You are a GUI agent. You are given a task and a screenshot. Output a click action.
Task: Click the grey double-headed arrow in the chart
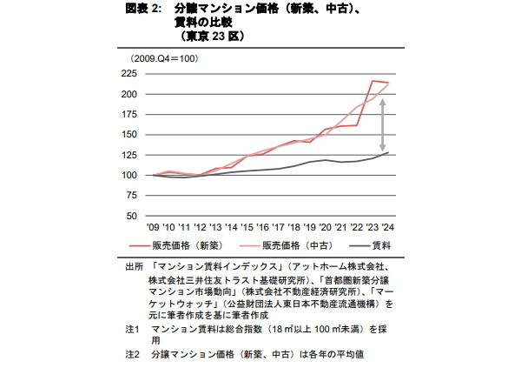point(382,125)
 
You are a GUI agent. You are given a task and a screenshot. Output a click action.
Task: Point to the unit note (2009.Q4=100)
point(163,58)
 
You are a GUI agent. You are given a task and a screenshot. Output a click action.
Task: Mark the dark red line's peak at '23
point(372,81)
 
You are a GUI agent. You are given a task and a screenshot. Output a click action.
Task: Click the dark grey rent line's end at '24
point(387,153)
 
